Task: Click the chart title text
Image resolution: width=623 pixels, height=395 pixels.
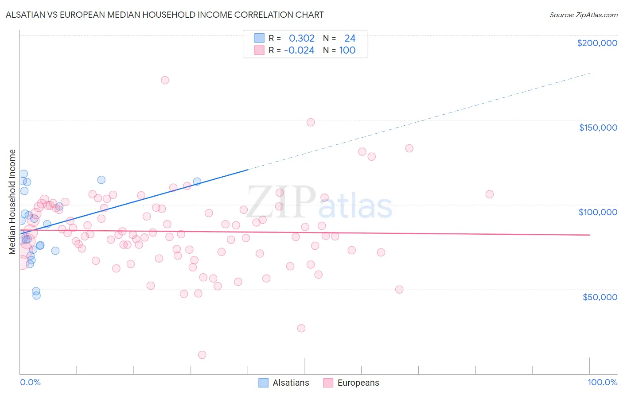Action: pos(164,15)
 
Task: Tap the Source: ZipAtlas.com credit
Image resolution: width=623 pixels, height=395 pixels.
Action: pos(583,15)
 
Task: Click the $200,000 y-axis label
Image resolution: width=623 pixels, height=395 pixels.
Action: pos(597,43)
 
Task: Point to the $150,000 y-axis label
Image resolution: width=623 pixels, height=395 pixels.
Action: pos(598,128)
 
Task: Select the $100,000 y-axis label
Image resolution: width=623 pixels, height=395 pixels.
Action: pos(598,212)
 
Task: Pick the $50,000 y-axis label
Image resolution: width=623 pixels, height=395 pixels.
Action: pos(600,297)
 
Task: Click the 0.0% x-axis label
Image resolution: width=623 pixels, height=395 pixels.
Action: pos(30,382)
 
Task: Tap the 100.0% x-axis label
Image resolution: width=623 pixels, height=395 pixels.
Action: pos(602,382)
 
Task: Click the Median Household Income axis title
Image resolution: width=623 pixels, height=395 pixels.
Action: pos(12,202)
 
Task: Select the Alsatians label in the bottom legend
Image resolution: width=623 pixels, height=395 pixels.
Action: pos(291,383)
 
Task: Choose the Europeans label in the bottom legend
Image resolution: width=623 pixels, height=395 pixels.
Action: pos(358,383)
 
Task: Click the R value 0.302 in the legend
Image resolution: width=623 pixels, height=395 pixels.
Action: pos(302,39)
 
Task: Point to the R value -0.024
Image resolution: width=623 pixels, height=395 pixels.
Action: pos(300,50)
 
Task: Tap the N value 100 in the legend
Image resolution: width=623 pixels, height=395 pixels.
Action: pos(347,50)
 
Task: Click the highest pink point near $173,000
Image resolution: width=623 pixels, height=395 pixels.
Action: pos(165,80)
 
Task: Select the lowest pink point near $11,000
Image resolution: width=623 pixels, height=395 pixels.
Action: pos(202,355)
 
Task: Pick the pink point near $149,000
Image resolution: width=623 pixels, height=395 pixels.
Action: pos(311,122)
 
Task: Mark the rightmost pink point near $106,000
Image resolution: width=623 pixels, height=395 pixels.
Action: pos(490,194)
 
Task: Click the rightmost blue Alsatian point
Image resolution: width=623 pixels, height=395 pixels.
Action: pos(197,181)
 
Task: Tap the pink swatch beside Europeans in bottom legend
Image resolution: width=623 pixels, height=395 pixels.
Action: pos(328,383)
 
